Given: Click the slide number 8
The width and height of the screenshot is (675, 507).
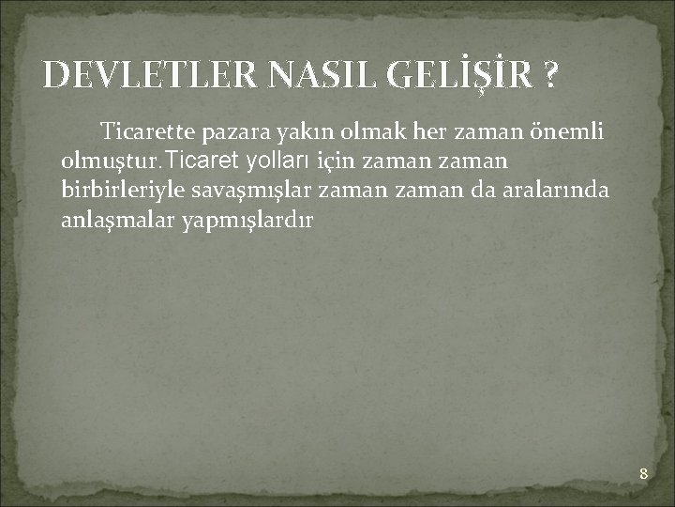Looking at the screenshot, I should pos(643,473).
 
